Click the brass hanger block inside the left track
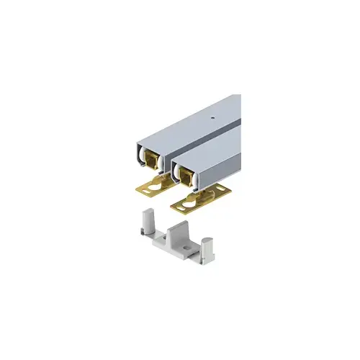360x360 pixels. pos(153,160)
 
